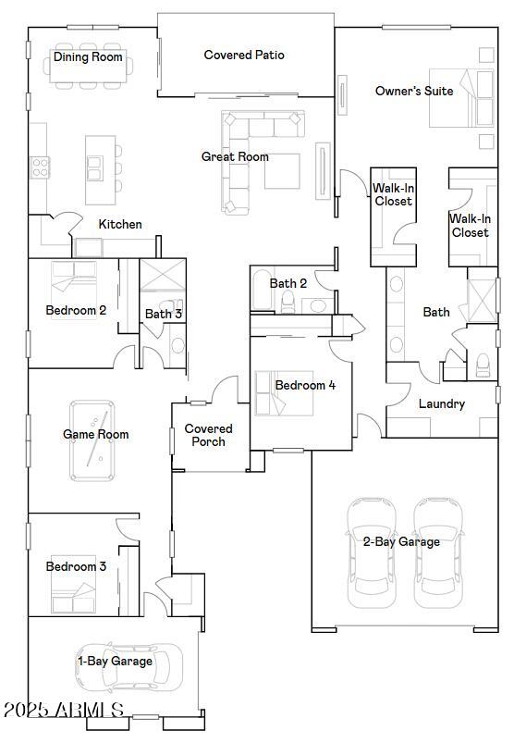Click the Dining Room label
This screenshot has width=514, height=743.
coord(88,56)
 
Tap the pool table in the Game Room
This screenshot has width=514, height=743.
coord(92,440)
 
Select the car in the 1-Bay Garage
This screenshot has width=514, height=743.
coord(128,667)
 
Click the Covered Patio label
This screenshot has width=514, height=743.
coord(244,55)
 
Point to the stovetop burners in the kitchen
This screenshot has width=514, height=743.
coord(40,167)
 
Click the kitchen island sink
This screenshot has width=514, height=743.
coord(94,168)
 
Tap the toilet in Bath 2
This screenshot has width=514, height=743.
coord(288,303)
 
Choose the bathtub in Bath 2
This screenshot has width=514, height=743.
coord(262,290)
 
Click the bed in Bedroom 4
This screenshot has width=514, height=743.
coord(285,393)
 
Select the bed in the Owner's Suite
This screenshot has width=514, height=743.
coord(461,98)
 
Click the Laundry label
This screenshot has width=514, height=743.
coord(442,403)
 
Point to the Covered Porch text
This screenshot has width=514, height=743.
coord(208,435)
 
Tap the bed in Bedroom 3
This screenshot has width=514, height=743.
coord(73,584)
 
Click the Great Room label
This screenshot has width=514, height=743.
coord(235,156)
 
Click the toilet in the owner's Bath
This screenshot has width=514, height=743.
coord(483,365)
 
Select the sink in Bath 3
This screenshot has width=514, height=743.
coord(178,345)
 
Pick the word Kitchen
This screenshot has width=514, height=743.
coord(120,224)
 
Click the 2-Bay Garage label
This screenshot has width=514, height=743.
coord(401,541)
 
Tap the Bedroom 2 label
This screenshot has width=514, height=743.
coord(76,310)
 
